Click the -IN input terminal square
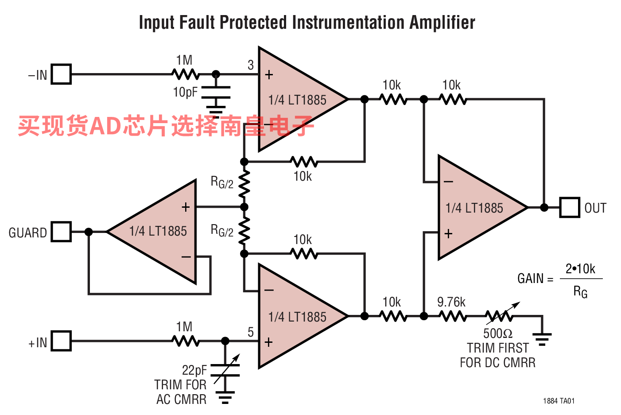[61, 74]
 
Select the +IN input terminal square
[61, 341]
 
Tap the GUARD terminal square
[61, 232]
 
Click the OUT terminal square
[570, 207]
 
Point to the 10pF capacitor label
[186, 92]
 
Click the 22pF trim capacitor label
[194, 370]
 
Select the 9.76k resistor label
[451, 302]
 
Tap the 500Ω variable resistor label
[497, 333]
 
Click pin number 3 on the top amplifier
[251, 65]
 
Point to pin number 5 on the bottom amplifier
[251, 332]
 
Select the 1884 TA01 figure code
[559, 401]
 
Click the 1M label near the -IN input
[184, 60]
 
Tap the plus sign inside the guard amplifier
[186, 207]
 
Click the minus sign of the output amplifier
[448, 182]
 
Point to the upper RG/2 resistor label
[222, 182]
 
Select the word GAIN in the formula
[530, 278]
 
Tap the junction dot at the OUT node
[544, 207]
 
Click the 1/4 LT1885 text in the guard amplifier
[158, 231]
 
